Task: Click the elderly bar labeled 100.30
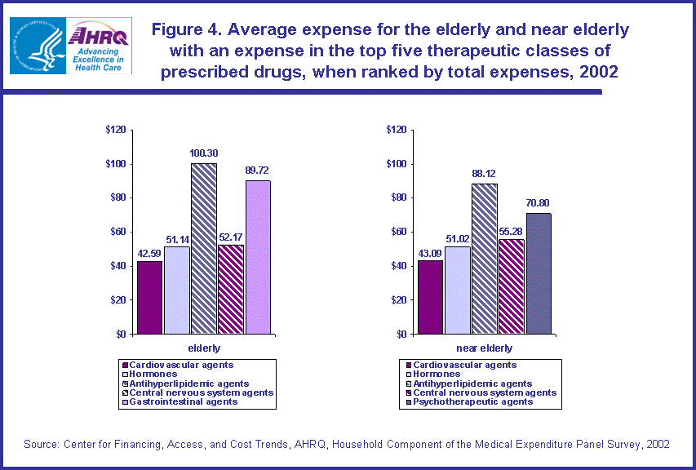tap(204, 249)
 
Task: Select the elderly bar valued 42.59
tap(149, 298)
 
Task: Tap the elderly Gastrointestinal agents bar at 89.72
tap(258, 257)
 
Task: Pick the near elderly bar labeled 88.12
tap(484, 259)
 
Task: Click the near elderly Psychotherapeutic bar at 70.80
tap(539, 273)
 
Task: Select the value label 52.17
tap(231, 237)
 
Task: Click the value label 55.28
tap(511, 232)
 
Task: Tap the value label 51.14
tap(177, 239)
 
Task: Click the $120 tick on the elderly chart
tap(116, 130)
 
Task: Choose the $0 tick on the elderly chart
tap(120, 334)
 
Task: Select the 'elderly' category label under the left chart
tap(203, 348)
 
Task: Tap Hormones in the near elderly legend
tap(437, 374)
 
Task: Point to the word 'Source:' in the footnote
tap(40, 444)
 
